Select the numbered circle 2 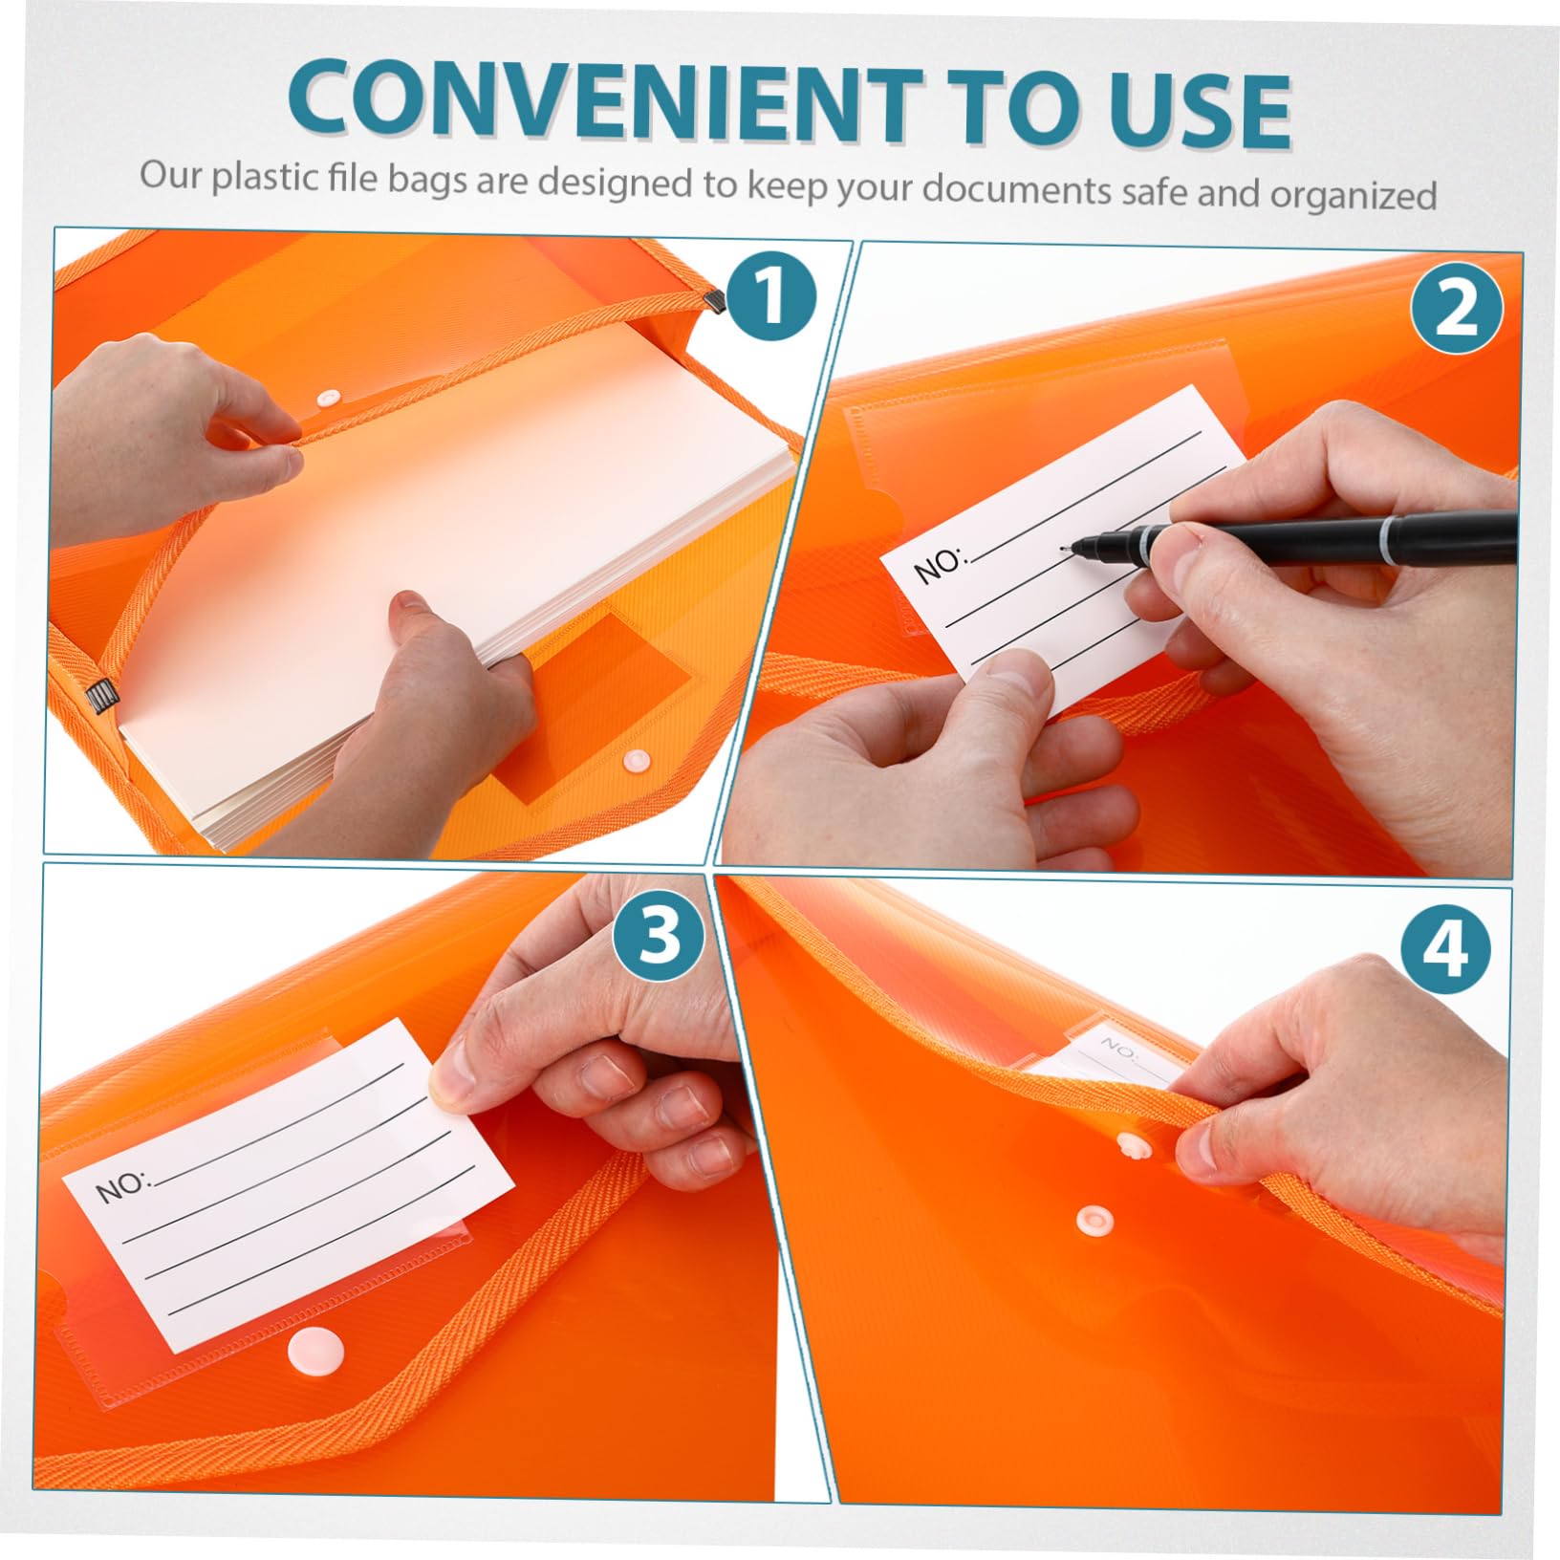[1456, 309]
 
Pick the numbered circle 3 [660, 936]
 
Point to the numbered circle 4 [1446, 949]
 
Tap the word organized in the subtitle [1353, 194]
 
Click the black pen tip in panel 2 [1070, 548]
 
